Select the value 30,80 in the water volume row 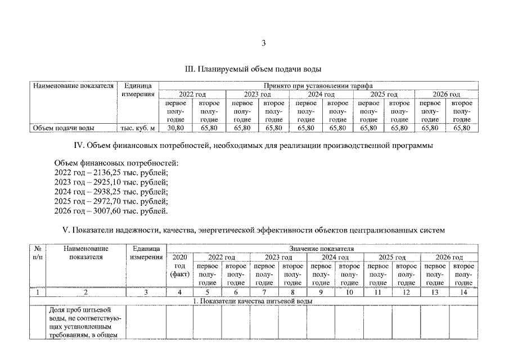[x=176, y=128]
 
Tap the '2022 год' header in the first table [x=192, y=94]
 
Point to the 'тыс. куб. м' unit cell [x=138, y=128]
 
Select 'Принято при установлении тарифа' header [x=318, y=85]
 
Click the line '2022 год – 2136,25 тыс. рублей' [x=111, y=173]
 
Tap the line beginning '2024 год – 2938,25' [x=111, y=192]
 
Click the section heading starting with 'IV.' [x=254, y=146]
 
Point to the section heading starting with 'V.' [x=254, y=229]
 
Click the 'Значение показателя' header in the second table [x=321, y=247]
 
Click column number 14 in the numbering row [x=463, y=292]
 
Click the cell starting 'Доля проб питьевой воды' [x=85, y=322]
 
